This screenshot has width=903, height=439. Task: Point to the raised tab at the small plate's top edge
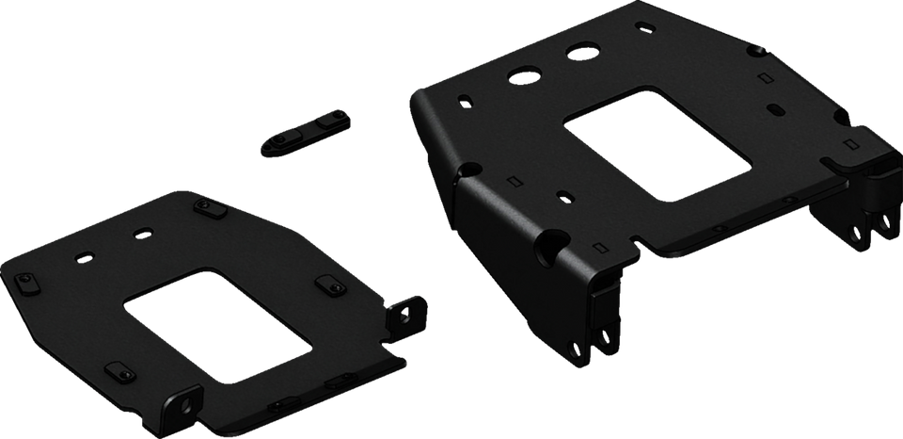[205, 204]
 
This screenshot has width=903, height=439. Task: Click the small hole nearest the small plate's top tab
[144, 232]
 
